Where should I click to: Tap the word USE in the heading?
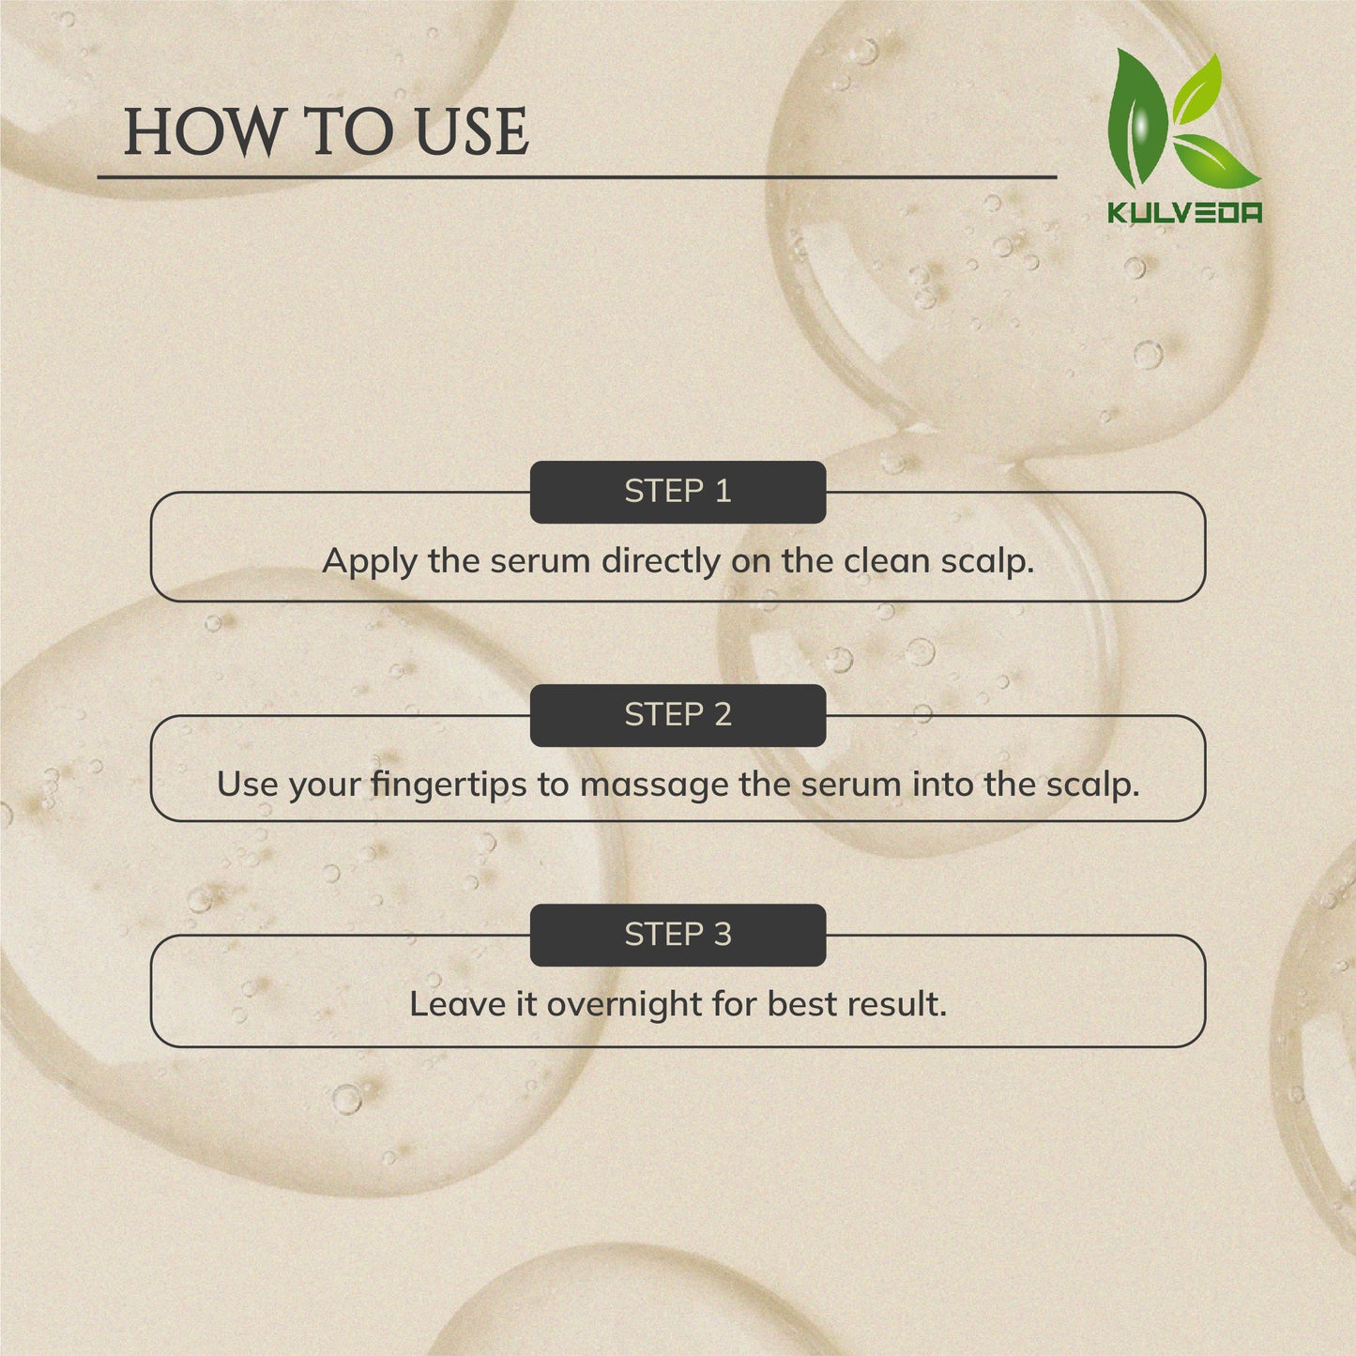[x=472, y=131]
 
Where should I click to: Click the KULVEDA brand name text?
[x=1185, y=212]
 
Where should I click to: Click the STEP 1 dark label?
[x=678, y=492]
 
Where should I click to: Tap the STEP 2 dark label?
[x=678, y=715]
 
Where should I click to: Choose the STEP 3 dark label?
[x=678, y=935]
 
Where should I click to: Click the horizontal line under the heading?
[x=577, y=177]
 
